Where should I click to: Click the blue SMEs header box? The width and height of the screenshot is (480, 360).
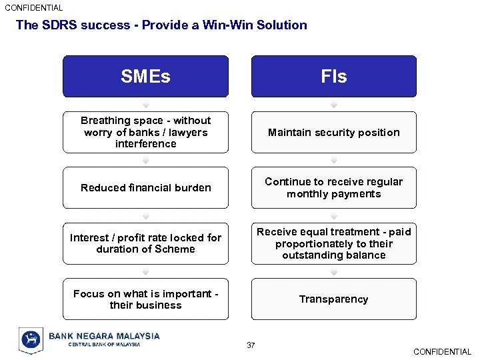point(145,77)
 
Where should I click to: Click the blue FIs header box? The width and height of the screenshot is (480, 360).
point(333,77)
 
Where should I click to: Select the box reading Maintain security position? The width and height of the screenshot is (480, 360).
point(333,132)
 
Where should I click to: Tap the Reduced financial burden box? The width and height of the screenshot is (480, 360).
point(145,188)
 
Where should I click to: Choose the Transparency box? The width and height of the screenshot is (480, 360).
point(333,299)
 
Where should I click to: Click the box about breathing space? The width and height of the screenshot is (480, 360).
point(145,132)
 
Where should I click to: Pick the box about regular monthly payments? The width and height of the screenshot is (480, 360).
point(333,188)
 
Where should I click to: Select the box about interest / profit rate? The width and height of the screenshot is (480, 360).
point(145,243)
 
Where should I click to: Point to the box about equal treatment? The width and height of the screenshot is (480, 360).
point(333,243)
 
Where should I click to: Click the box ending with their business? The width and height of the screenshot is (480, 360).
point(145,299)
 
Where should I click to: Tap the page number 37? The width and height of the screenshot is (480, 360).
point(251,345)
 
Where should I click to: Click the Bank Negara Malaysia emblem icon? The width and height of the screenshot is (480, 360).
point(31,340)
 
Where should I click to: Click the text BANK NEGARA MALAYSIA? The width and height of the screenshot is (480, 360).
point(104,336)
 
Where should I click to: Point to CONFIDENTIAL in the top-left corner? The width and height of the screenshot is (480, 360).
point(34,8)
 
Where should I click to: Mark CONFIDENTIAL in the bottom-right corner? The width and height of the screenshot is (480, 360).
point(442,352)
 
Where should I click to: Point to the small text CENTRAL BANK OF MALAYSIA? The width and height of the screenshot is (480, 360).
point(104,345)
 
